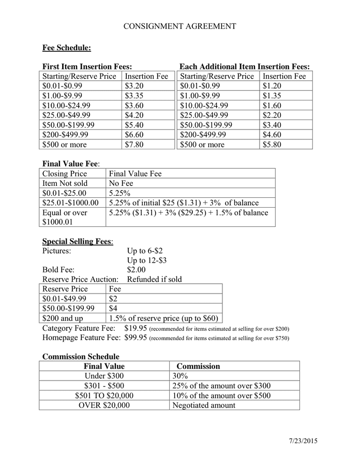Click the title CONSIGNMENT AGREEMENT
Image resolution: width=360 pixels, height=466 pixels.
(179, 26)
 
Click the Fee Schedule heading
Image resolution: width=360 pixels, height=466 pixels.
(66, 48)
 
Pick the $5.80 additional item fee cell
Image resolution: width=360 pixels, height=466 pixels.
(272, 144)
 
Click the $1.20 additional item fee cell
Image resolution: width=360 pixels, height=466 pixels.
(272, 85)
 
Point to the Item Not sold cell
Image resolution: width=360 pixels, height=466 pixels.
(65, 183)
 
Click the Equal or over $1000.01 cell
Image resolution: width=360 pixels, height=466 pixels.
(65, 217)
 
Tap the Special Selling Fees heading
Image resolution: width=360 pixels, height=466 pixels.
(77, 241)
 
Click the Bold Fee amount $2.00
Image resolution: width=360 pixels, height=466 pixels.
(137, 270)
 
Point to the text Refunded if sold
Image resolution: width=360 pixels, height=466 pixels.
(154, 280)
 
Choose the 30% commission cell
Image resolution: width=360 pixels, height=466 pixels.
(179, 376)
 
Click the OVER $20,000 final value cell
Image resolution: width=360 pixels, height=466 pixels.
(104, 405)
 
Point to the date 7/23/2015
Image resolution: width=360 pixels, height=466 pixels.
(303, 441)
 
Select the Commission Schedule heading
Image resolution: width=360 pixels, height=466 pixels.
(81, 357)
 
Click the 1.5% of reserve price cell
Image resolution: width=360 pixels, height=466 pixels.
(163, 318)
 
